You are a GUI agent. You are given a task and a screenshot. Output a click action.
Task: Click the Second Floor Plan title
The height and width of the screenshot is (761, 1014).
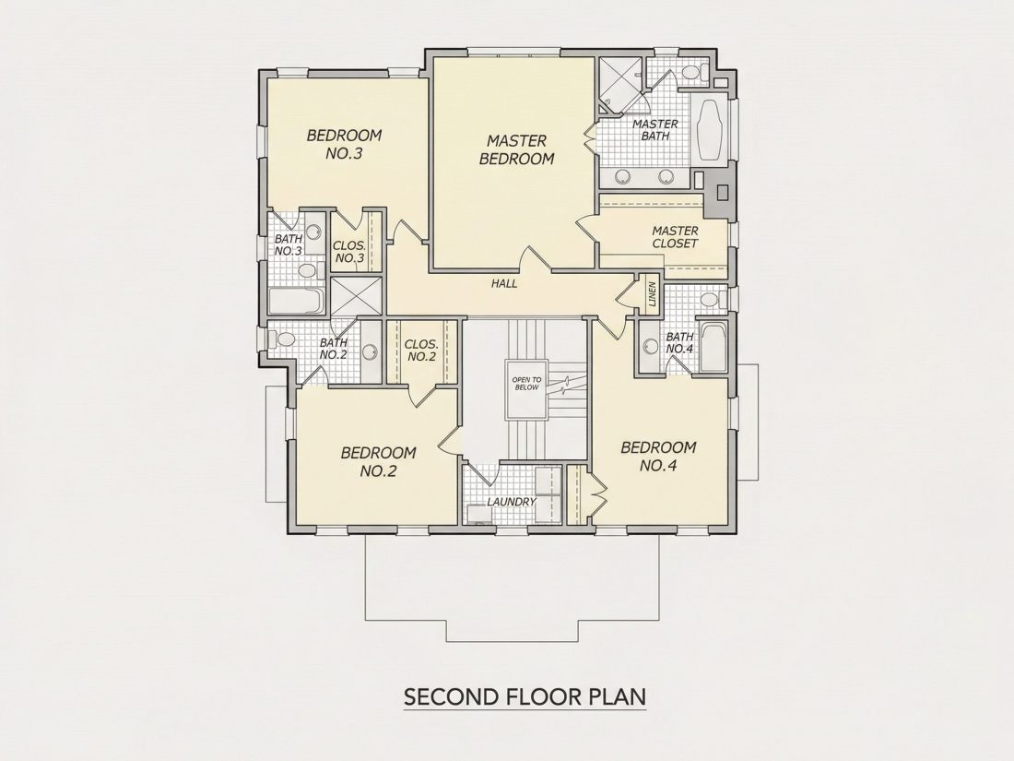525,697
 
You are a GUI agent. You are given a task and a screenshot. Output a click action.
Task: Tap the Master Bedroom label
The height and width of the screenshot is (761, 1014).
517,149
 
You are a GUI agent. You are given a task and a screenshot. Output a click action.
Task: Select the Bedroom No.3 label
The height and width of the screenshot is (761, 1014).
344,144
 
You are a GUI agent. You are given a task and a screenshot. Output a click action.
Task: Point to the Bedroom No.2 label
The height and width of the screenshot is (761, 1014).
378,461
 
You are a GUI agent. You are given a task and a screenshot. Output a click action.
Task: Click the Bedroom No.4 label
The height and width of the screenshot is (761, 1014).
658,457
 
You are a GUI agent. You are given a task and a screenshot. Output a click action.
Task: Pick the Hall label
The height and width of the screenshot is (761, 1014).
504,283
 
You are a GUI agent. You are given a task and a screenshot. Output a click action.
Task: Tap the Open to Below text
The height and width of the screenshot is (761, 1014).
526,384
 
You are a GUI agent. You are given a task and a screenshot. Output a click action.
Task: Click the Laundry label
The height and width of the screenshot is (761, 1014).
512,502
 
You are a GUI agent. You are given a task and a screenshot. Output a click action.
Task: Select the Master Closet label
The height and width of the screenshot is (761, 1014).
675,237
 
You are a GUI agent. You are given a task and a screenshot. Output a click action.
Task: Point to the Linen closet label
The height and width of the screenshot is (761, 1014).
652,293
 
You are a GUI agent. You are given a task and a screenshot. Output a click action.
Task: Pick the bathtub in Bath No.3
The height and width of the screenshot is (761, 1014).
296,301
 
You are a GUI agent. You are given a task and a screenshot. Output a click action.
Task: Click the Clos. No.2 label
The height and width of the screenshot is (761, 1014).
421,351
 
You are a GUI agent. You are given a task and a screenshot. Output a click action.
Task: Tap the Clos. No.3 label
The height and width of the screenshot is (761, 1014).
349,253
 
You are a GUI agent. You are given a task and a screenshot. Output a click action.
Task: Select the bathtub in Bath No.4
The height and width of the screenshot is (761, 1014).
714,348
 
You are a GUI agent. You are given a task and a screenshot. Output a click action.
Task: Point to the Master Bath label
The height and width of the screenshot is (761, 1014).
655,129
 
